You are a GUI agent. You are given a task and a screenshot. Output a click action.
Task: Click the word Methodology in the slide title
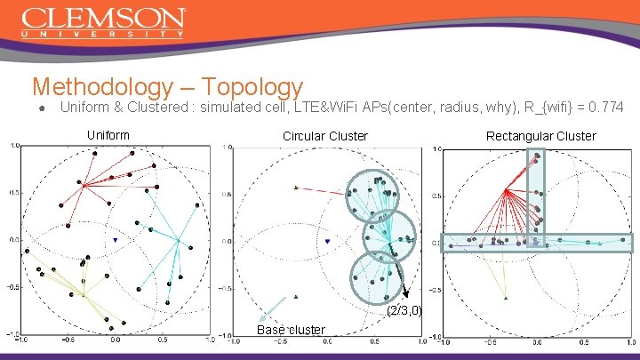(100, 87)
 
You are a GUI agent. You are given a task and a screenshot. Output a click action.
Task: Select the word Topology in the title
(252, 87)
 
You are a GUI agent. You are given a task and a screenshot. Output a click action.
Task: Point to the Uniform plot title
(108, 135)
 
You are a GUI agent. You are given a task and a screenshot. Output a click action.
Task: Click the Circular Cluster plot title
(324, 136)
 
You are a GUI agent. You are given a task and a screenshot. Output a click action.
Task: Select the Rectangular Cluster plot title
(540, 136)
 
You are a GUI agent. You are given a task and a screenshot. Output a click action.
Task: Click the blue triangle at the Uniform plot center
(116, 240)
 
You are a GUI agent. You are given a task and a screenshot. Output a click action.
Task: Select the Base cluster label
(290, 330)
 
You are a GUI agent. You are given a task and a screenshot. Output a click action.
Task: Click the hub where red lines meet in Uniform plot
(83, 185)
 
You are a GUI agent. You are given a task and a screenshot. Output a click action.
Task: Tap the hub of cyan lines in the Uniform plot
(179, 240)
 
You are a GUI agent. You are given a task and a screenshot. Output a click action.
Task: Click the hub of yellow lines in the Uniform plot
(83, 295)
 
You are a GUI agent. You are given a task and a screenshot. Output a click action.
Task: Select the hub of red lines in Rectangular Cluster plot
(506, 190)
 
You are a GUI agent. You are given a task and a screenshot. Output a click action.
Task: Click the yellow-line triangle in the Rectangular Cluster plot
(506, 298)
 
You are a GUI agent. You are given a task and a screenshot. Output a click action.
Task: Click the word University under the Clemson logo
(103, 34)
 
